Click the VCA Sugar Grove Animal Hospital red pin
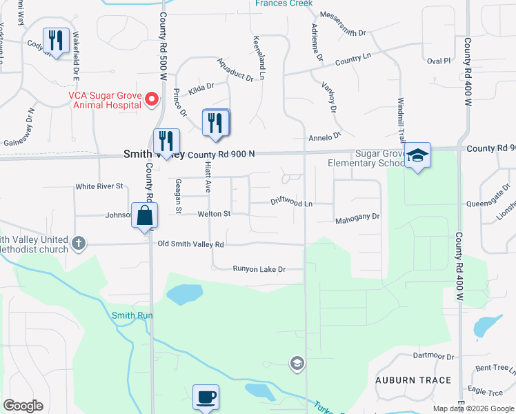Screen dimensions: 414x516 tap(152, 99)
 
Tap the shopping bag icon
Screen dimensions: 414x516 tap(145, 215)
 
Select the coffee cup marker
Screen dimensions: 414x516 tap(206, 397)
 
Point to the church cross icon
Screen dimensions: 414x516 tap(79, 244)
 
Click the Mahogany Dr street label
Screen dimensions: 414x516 tap(357, 217)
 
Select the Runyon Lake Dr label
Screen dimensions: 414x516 tap(259, 269)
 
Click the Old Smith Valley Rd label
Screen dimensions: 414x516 tap(190, 244)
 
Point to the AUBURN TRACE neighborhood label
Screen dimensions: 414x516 tap(413, 380)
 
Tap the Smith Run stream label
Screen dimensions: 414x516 tap(132, 315)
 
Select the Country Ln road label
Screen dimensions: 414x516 tap(353, 60)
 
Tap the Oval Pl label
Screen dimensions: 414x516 tap(438, 61)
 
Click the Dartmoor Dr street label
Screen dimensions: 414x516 tap(433, 357)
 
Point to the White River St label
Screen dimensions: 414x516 tap(99, 186)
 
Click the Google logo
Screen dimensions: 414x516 tap(23, 406)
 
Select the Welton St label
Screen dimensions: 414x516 tap(214, 215)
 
